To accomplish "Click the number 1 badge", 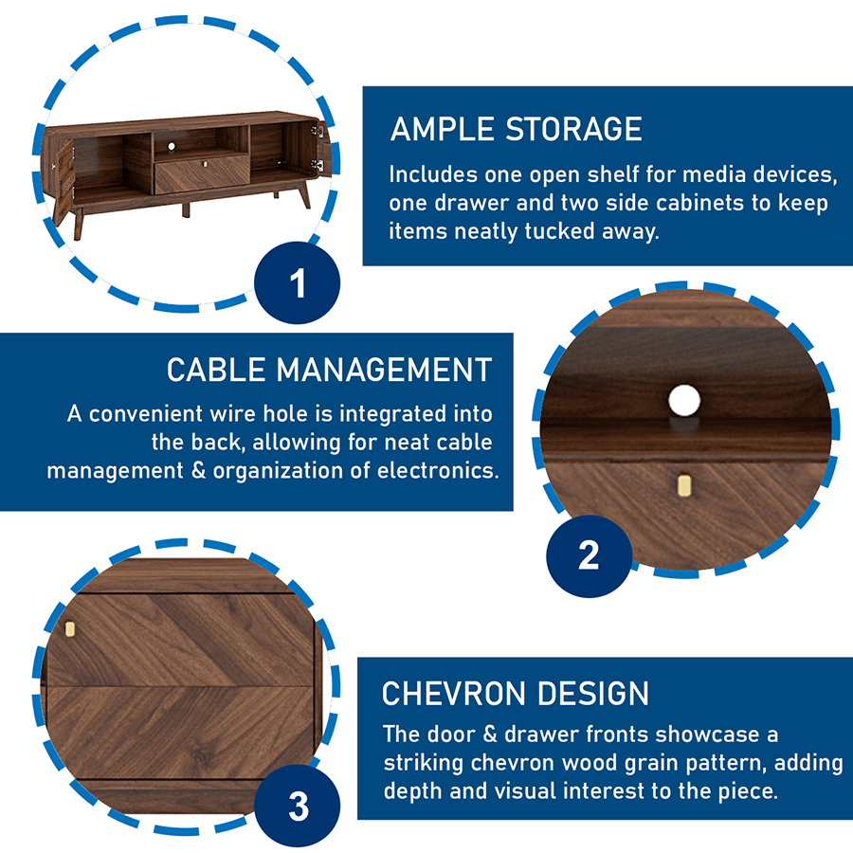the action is tap(297, 282).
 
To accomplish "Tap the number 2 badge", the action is tap(590, 556).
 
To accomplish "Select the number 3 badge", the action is tap(298, 807).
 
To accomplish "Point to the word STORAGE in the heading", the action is tap(574, 130).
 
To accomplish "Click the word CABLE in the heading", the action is tap(216, 371).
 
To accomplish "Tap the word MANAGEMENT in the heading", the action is tap(384, 371).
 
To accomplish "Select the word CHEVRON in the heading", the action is tap(454, 694).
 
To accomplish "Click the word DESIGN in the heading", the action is tap(593, 694).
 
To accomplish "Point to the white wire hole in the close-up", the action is tap(684, 400).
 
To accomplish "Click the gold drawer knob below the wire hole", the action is tap(684, 484).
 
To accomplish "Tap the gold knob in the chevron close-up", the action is tap(69, 629).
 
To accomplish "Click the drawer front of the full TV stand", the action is tap(203, 173).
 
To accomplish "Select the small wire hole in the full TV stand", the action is tap(172, 146).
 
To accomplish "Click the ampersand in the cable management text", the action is tap(199, 470).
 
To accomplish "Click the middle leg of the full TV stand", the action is tap(186, 209).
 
